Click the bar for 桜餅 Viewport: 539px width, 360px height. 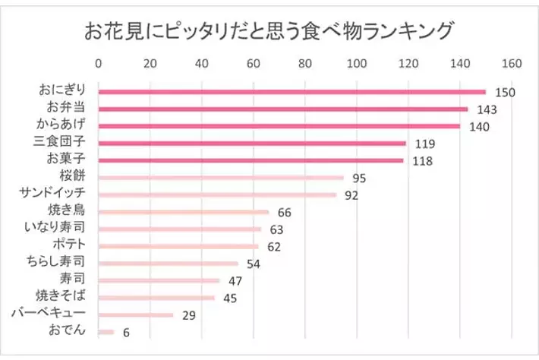[x=221, y=178]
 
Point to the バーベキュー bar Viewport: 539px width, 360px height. [x=136, y=314]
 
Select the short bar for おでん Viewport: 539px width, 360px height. [x=106, y=331]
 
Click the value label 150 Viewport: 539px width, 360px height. [x=505, y=93]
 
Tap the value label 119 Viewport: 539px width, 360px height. [x=424, y=144]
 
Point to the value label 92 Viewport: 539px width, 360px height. [x=351, y=195]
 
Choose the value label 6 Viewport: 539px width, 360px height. [x=126, y=332]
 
